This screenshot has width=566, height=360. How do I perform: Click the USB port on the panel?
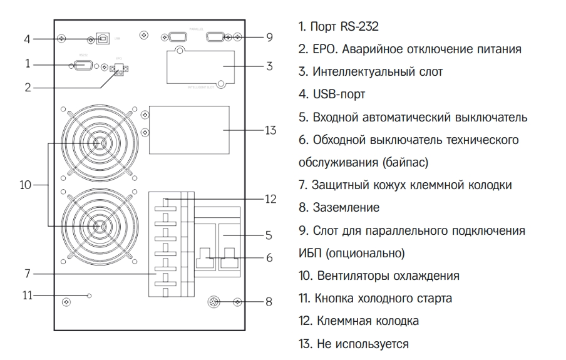103,39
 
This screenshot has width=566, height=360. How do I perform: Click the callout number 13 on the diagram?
270,130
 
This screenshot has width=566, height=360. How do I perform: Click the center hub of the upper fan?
98,143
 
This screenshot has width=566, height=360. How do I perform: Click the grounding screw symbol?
214,302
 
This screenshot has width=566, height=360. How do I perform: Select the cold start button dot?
90,294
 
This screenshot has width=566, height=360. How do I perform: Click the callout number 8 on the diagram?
269,302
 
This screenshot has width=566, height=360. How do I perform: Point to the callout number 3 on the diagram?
269,65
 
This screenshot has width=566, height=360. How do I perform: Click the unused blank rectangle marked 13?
188,130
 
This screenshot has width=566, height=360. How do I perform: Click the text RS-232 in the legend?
360,27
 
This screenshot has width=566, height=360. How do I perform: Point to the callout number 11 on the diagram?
26,294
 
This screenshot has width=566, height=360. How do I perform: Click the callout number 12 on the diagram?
270,199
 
